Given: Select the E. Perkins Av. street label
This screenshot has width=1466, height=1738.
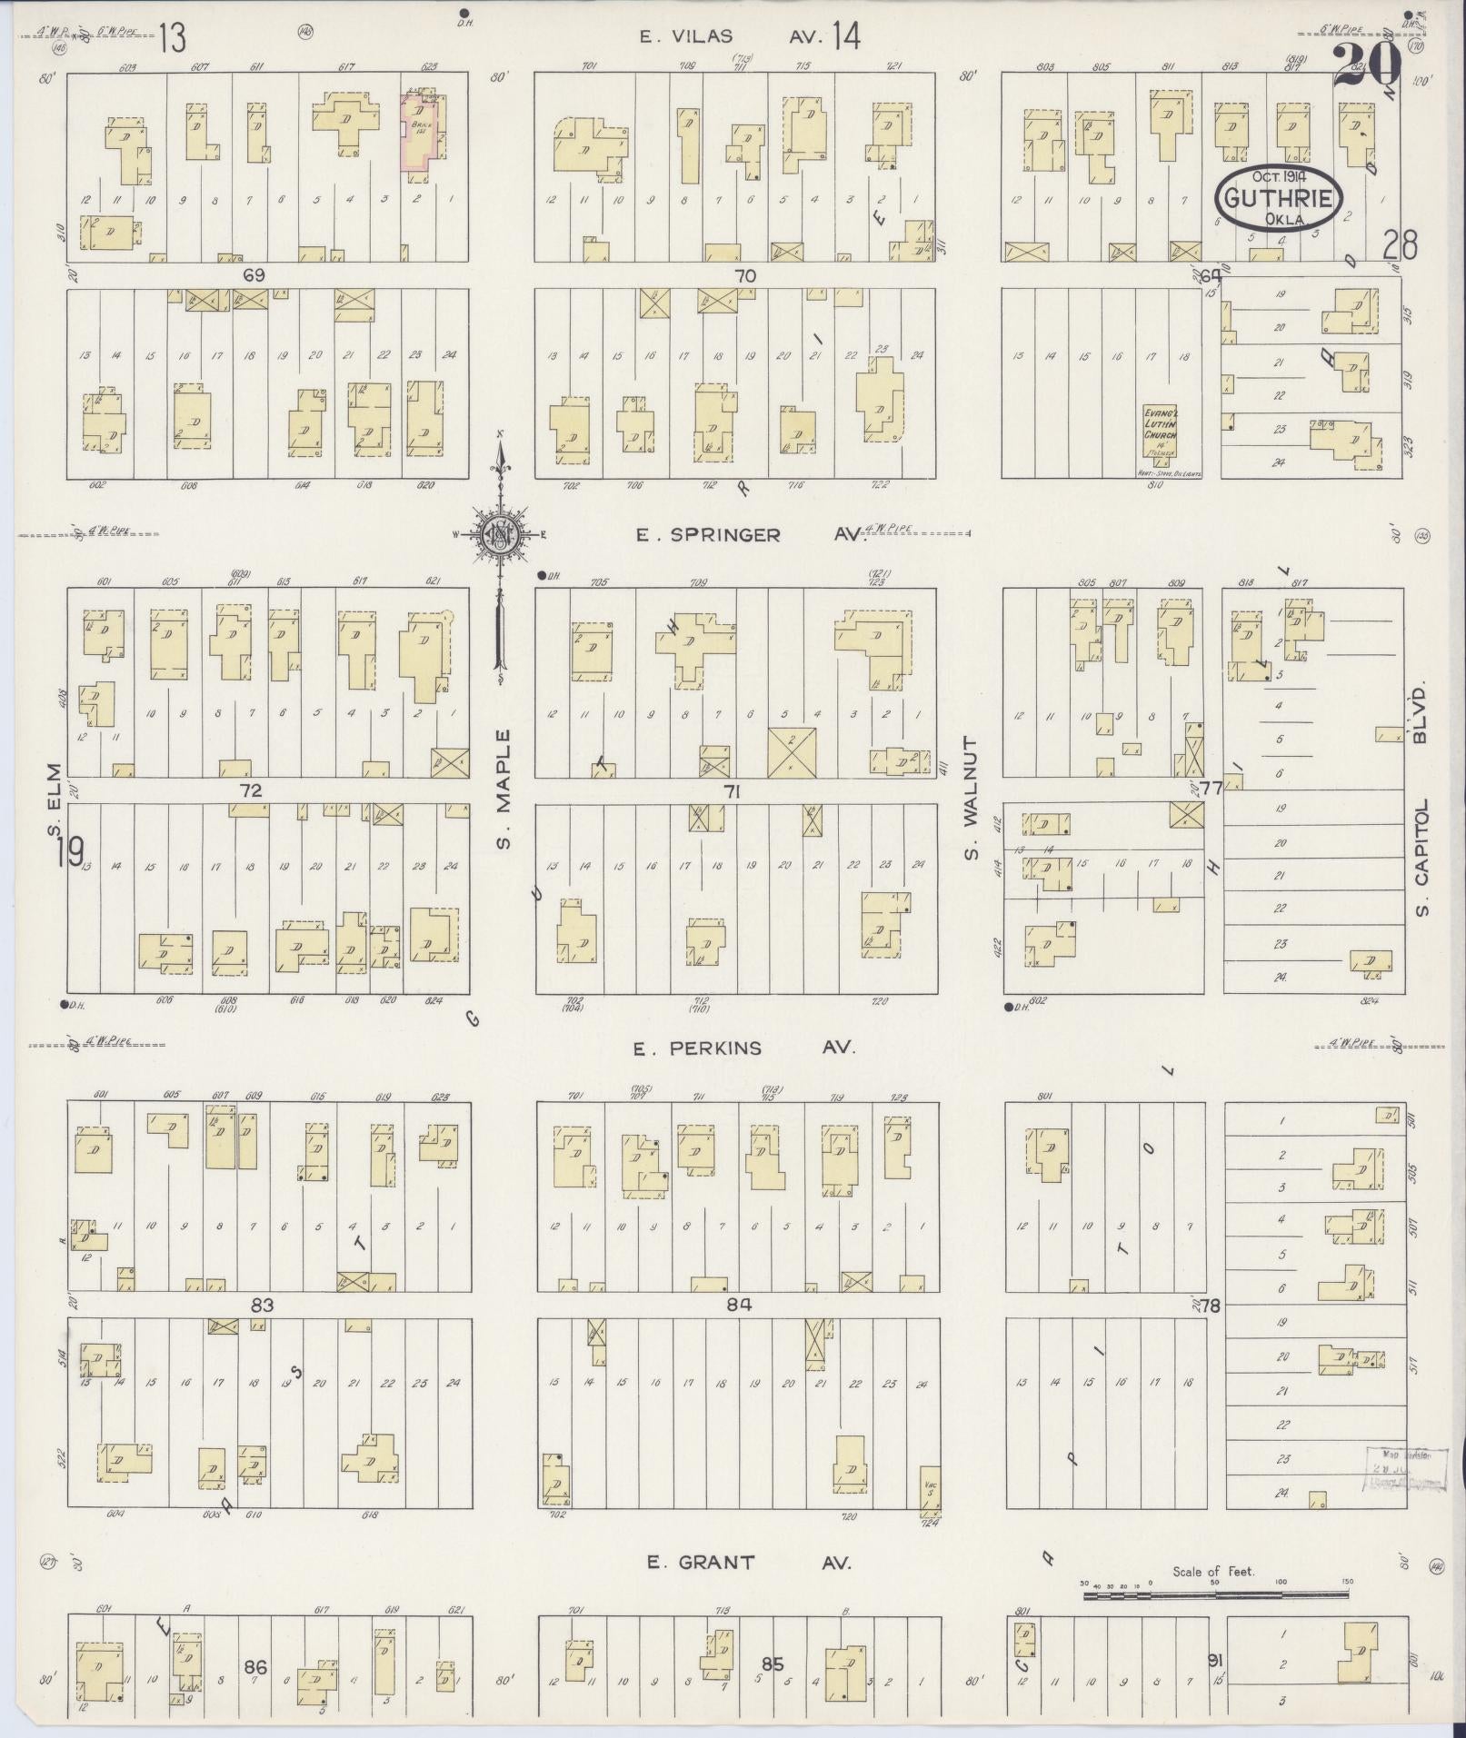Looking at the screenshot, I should [x=744, y=1048].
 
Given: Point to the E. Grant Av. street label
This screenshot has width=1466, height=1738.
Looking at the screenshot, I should [x=749, y=1563].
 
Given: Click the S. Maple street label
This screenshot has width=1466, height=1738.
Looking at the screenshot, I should [x=504, y=789].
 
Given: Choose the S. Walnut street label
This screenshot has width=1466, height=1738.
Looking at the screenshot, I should [x=971, y=798].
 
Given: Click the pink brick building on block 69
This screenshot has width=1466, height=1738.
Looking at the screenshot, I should [x=419, y=130].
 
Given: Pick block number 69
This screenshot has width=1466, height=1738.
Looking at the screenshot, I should [x=254, y=275].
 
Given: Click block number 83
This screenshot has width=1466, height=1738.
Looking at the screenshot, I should [x=262, y=1306].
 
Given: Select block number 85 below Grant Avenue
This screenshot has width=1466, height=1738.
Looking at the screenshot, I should [x=772, y=1664].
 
